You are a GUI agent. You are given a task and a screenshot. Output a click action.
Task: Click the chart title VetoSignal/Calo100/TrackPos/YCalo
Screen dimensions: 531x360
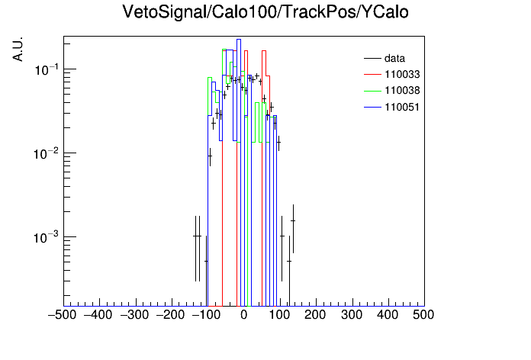click(265, 12)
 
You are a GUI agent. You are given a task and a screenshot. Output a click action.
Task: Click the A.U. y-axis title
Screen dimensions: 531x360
click(18, 49)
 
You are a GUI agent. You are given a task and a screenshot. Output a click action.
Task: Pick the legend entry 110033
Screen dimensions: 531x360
click(392, 74)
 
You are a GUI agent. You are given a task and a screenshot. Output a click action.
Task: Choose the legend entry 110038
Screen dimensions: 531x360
click(392, 91)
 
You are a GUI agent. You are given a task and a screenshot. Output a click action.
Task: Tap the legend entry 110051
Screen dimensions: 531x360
click(392, 107)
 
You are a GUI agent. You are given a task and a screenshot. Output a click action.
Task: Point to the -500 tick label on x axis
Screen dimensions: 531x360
click(63, 315)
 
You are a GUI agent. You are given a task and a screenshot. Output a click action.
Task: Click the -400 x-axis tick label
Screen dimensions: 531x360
click(98, 315)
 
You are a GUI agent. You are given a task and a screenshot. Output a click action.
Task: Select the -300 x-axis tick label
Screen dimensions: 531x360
click(135, 315)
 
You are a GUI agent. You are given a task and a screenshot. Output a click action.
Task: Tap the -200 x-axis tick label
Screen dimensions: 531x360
click(171, 315)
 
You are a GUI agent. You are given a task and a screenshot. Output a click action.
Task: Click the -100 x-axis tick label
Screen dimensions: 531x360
click(206, 315)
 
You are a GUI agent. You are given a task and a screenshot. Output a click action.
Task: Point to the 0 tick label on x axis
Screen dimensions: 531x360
click(244, 315)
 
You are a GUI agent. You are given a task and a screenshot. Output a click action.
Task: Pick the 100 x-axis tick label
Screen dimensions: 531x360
click(279, 315)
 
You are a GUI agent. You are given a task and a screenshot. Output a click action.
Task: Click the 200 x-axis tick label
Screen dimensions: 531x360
click(315, 315)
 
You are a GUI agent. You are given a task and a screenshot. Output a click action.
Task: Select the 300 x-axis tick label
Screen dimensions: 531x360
click(352, 315)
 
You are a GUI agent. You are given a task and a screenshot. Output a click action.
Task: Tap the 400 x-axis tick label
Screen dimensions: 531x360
click(388, 315)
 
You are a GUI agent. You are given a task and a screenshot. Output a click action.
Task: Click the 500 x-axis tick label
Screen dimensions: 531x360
click(423, 315)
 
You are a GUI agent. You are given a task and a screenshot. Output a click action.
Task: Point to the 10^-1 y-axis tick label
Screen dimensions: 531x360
click(47, 69)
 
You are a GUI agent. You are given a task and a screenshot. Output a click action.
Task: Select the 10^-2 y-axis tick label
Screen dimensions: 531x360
click(47, 154)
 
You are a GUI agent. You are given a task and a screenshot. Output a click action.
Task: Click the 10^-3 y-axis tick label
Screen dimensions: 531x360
click(47, 238)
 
